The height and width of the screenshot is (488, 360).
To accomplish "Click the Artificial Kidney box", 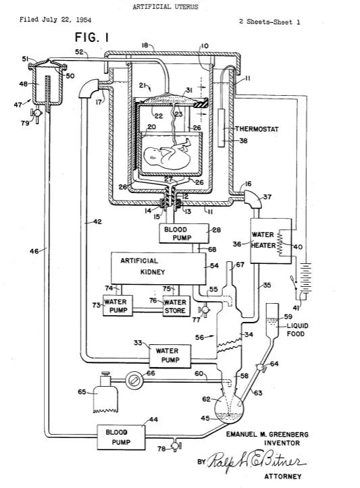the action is click(159, 268).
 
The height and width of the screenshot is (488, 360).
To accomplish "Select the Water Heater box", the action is click(271, 240).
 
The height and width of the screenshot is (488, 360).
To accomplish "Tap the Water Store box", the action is click(176, 306).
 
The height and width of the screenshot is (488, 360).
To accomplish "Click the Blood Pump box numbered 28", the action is click(184, 234).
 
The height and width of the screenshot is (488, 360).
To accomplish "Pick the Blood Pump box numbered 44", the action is click(121, 437).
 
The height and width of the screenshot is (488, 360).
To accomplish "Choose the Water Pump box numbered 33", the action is click(170, 356).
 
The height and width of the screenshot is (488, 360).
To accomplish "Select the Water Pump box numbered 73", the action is click(118, 306).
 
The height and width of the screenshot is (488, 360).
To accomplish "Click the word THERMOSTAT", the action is click(257, 129).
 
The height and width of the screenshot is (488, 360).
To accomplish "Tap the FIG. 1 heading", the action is click(92, 38).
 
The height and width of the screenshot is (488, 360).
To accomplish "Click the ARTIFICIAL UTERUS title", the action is click(165, 7).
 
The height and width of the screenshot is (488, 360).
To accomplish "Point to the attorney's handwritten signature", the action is click(255, 462).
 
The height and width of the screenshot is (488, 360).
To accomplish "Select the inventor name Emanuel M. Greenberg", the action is click(267, 434).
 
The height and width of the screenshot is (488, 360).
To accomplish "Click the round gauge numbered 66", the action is click(134, 380).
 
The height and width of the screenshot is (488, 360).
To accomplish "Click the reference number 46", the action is click(34, 250).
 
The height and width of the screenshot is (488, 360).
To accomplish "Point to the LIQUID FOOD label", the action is click(297, 329).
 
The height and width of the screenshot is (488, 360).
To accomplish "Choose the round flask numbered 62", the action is click(229, 408).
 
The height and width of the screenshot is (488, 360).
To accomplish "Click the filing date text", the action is click(55, 20).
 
